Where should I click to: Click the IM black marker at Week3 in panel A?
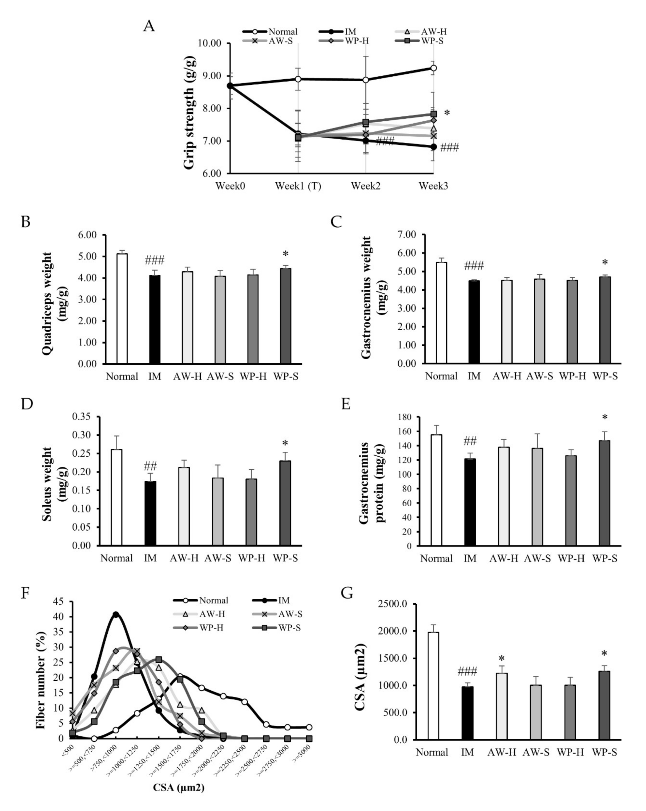(x=433, y=147)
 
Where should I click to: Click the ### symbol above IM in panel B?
(x=154, y=260)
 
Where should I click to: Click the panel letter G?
(x=347, y=593)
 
